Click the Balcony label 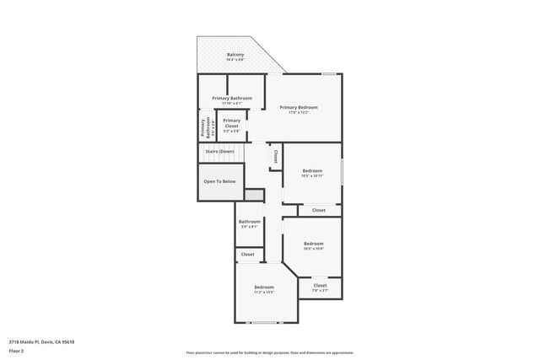(x=235, y=55)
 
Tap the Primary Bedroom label (x=299, y=107)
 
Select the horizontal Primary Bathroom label (x=231, y=98)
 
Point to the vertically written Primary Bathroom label (x=203, y=126)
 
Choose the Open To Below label (x=219, y=181)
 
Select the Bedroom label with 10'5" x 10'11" (x=312, y=170)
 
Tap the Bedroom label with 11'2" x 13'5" (x=264, y=287)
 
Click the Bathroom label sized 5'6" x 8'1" (x=249, y=222)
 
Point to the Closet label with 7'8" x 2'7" (x=321, y=285)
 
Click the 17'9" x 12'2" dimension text (x=299, y=113)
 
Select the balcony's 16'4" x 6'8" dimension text (x=235, y=61)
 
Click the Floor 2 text (x=17, y=350)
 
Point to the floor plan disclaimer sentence (x=269, y=353)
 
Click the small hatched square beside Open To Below (x=260, y=195)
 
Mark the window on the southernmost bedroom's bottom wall (x=265, y=323)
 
